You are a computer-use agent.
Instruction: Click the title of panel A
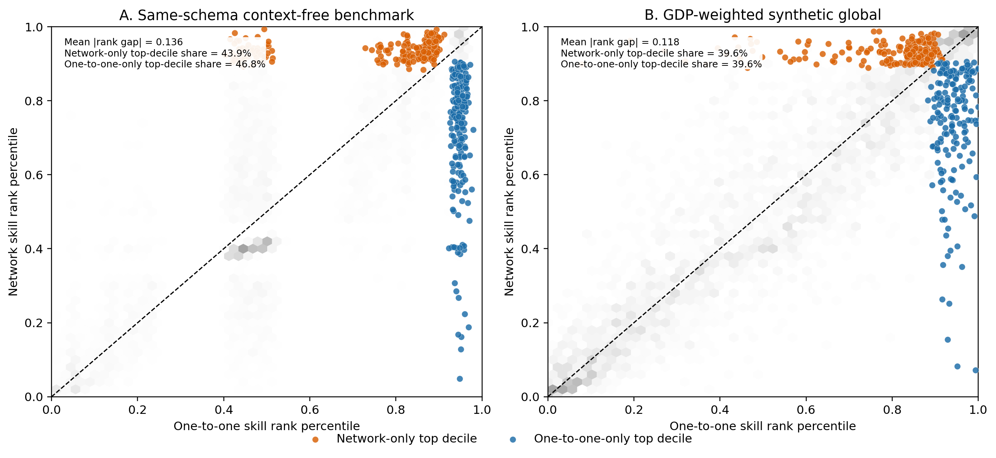tap(266, 15)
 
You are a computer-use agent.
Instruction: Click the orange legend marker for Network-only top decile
tap(316, 439)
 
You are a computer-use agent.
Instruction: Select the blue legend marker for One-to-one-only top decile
tap(513, 439)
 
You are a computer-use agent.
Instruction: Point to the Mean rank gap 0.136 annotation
tap(123, 42)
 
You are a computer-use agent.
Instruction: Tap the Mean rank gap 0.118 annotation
tap(620, 42)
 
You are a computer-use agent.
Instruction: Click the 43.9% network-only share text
tap(158, 53)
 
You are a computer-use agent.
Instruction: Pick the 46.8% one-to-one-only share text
tap(165, 64)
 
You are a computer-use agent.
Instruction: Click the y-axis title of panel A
tap(13, 212)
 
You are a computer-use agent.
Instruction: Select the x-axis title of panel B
tap(762, 426)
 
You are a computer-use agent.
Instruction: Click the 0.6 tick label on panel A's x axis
tap(309, 410)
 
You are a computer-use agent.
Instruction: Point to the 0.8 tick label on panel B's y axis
tap(530, 101)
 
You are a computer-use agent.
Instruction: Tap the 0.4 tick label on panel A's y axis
tap(34, 249)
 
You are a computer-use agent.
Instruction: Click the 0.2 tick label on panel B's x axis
tap(634, 410)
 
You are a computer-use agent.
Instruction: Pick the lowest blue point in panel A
tap(460, 379)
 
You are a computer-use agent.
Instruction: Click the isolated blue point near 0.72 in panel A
tap(473, 130)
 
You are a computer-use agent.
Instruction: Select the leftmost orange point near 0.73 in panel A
tap(365, 48)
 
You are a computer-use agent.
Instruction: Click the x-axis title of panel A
tap(266, 426)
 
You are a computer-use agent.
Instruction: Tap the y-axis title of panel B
tap(509, 212)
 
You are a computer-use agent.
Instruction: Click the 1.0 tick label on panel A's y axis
tap(34, 27)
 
